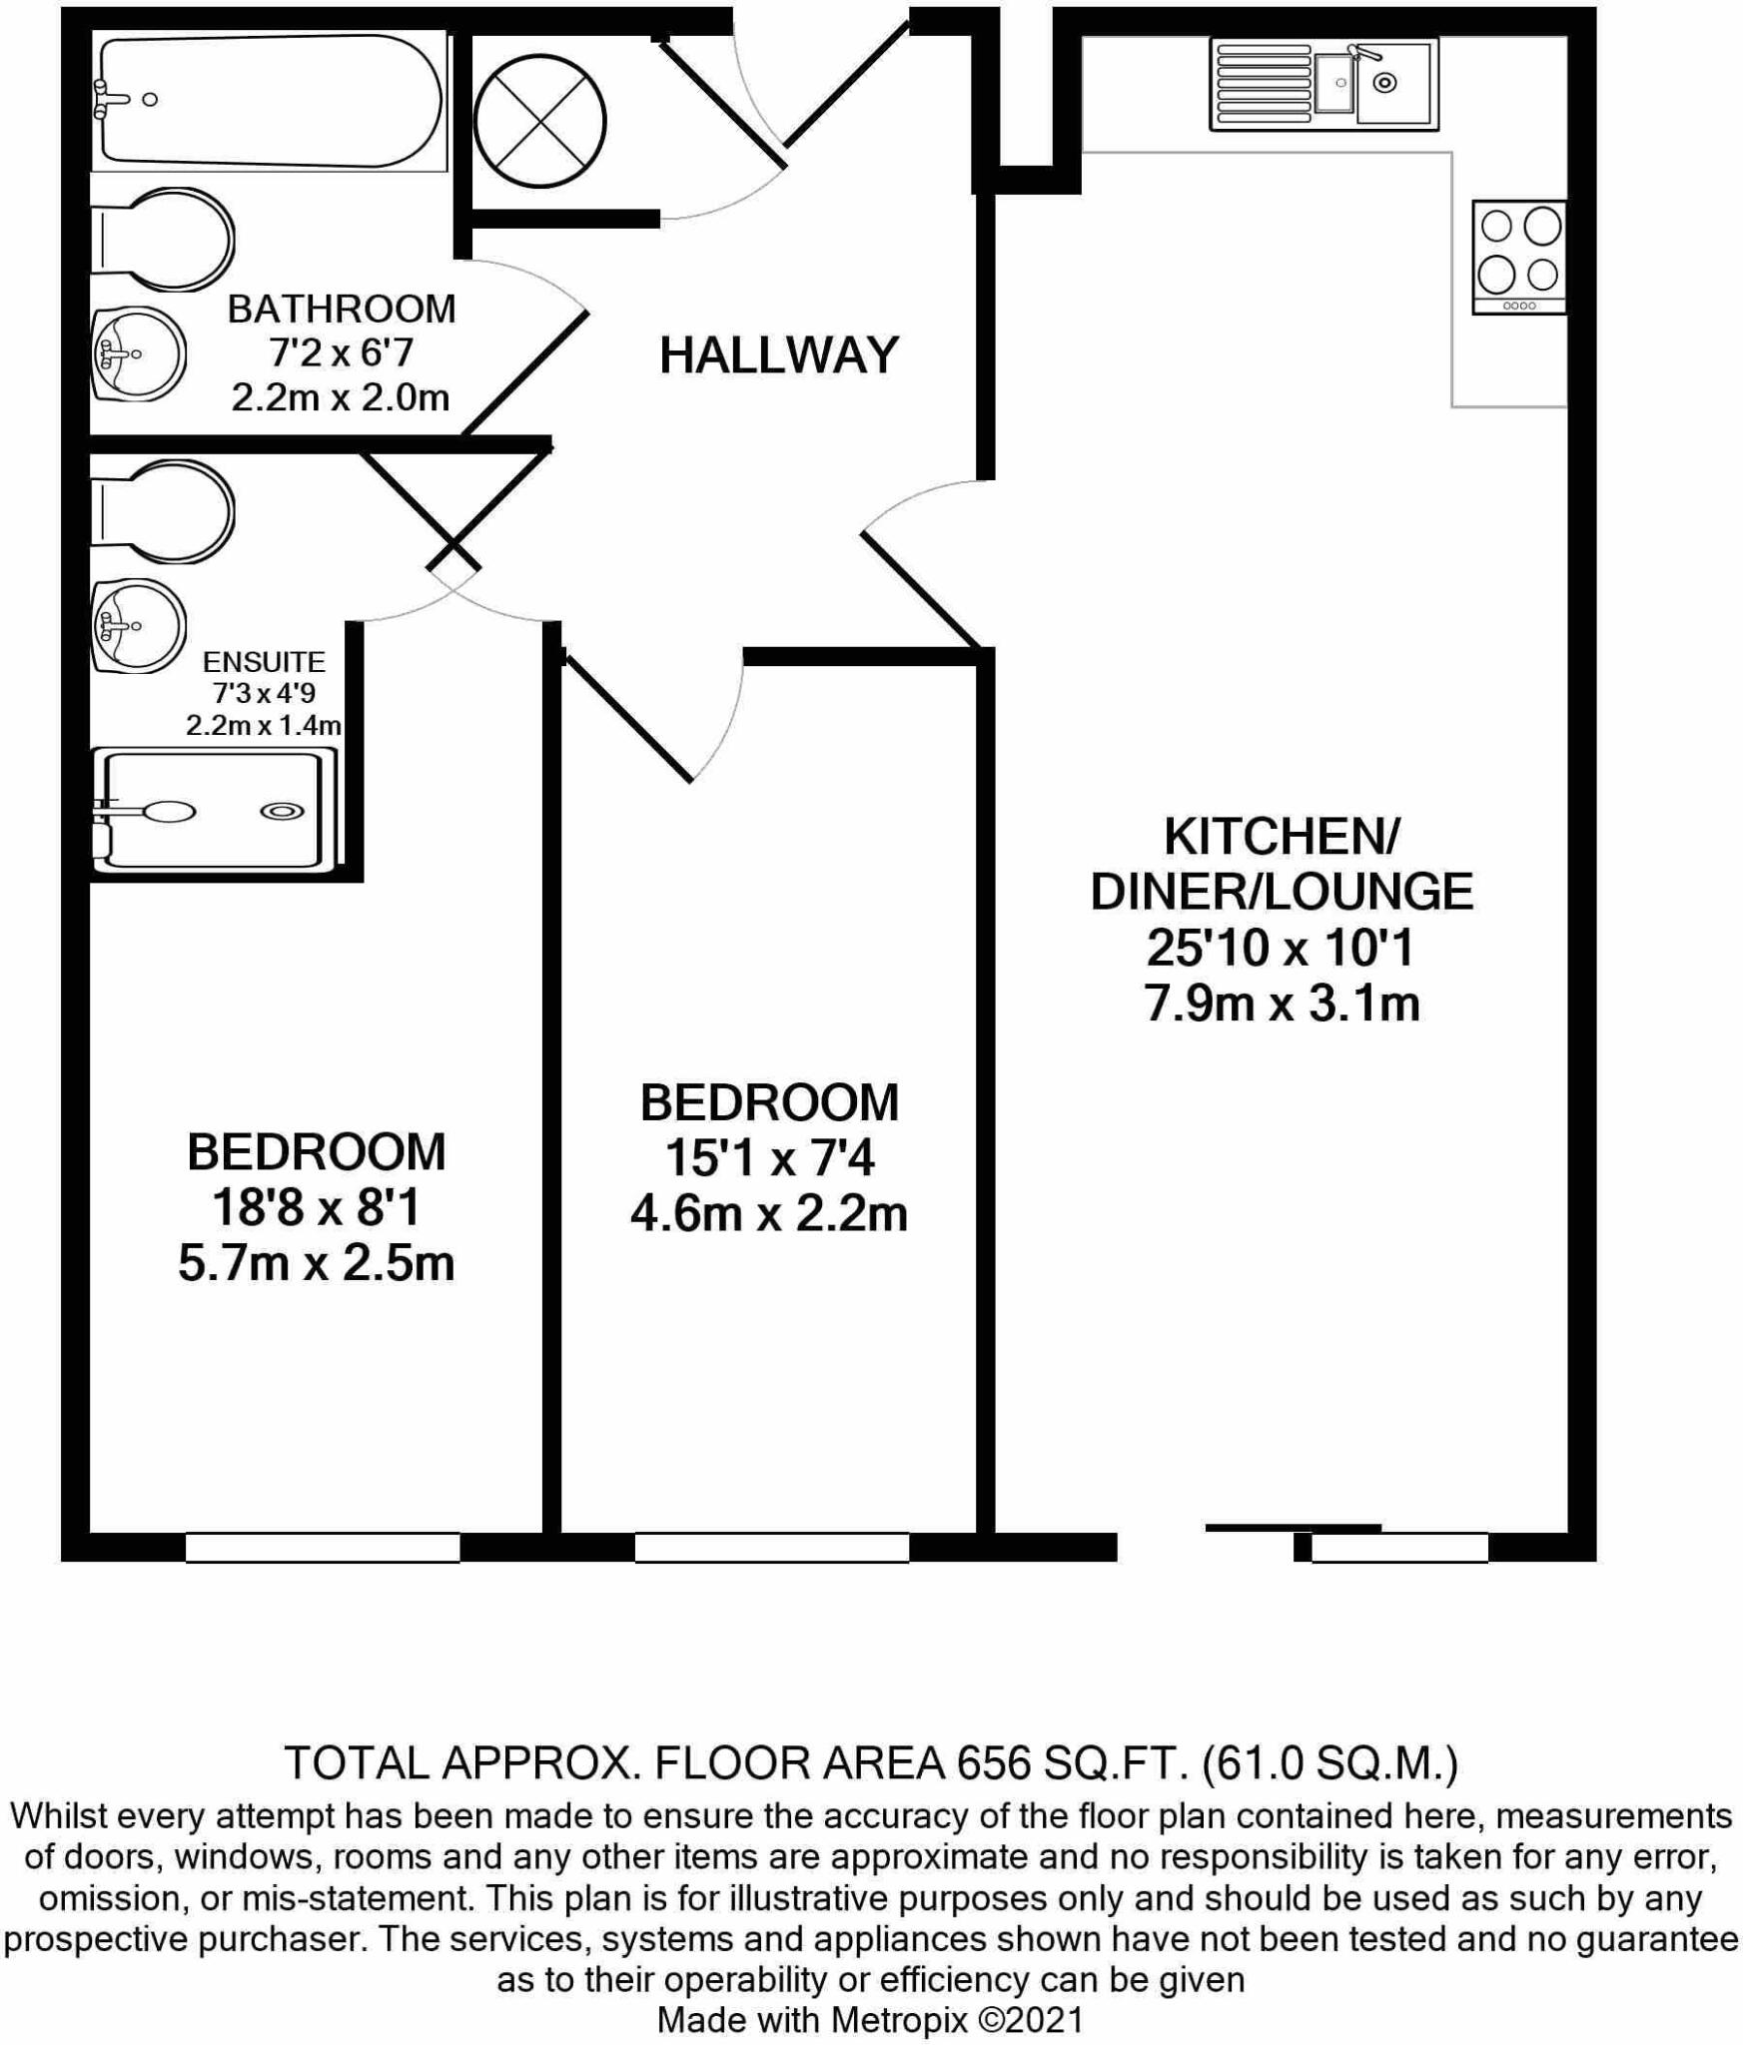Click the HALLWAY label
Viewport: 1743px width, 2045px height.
778,355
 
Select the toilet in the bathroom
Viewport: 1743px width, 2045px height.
162,240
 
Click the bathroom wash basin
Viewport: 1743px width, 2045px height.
139,353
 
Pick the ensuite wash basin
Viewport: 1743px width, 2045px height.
139,627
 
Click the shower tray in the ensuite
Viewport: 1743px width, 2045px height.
216,811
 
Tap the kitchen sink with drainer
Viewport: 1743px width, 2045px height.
1324,84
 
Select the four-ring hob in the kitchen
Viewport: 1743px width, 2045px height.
1519,258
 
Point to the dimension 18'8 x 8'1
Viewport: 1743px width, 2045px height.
317,1209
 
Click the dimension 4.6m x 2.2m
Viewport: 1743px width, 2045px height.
768,1215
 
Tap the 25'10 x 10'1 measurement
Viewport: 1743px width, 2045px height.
1281,948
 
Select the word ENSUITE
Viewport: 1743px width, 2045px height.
264,662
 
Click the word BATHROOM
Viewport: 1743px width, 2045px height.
342,310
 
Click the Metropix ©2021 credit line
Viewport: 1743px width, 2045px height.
870,2020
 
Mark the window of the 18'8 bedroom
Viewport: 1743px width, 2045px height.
322,1547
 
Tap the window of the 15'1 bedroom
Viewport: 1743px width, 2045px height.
771,1547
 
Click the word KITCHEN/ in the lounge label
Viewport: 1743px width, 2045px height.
1281,837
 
